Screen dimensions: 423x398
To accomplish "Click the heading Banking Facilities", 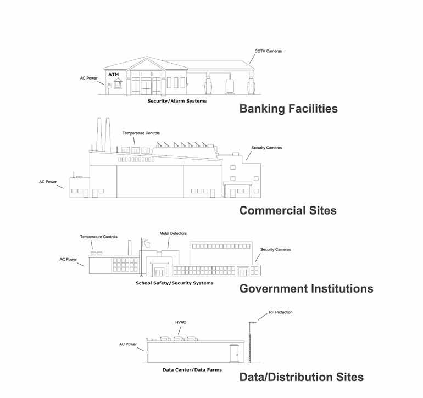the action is pyautogui.click(x=288, y=109).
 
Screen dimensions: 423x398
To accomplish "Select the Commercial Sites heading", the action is pyautogui.click(x=288, y=210).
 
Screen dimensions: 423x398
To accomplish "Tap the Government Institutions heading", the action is pyautogui.click(x=306, y=288).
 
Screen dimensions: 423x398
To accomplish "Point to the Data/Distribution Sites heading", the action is pyautogui.click(x=301, y=377).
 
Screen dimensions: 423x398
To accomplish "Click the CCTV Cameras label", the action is pyautogui.click(x=268, y=52).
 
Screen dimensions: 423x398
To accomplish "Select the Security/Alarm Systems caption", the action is pyautogui.click(x=177, y=102).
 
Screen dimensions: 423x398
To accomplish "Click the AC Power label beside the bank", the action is pyautogui.click(x=89, y=78).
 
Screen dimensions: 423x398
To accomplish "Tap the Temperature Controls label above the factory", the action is pyautogui.click(x=141, y=133).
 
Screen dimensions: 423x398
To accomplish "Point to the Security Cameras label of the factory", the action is pyautogui.click(x=266, y=148).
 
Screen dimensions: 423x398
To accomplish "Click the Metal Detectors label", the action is pyautogui.click(x=171, y=233).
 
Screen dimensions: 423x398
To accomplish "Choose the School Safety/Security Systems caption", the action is pyautogui.click(x=175, y=283).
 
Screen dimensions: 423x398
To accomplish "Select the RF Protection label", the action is pyautogui.click(x=281, y=312).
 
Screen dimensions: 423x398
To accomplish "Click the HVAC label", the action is pyautogui.click(x=180, y=322).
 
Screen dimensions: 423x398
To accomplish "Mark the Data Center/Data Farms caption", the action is pyautogui.click(x=192, y=370).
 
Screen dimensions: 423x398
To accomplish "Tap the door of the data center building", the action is pyautogui.click(x=235, y=354).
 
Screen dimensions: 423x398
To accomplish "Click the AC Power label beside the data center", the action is pyautogui.click(x=128, y=344).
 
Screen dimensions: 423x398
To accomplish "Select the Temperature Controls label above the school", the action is pyautogui.click(x=99, y=237).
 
